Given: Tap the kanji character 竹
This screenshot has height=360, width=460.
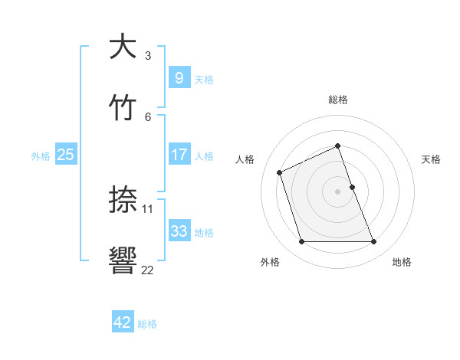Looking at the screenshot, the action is coord(123,106).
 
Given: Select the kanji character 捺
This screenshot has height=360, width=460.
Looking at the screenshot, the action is coord(123,200).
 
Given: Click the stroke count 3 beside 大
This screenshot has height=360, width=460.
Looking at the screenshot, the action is coord(148,55).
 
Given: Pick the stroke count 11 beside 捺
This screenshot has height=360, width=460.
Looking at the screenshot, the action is coord(149,208).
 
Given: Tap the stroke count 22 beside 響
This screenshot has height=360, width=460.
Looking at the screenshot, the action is coord(148,270).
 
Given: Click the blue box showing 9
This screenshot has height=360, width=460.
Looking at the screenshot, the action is coord(179,77).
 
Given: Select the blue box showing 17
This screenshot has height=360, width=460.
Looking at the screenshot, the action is coord(179,154).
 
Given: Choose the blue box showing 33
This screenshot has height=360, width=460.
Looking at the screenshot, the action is coord(179,231).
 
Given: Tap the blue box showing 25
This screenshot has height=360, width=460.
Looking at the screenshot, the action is coord(65,154).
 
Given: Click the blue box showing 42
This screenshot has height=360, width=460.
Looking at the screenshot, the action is coord(123,322).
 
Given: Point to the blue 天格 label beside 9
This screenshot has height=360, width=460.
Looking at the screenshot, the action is coord(204,79).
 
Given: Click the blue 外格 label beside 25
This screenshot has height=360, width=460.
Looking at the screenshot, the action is coord(41,155).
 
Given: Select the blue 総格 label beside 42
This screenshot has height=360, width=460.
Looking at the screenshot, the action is coord(147,324).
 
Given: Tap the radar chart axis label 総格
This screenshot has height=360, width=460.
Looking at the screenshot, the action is coord(337,100).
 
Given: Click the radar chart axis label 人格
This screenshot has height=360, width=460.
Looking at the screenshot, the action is coord(245,159).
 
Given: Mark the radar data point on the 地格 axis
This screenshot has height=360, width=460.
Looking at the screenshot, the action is coord(374,242).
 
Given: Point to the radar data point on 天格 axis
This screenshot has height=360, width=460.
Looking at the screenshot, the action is coord(352,187).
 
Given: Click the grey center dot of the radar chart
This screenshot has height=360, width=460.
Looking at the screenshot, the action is coord(337,191).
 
